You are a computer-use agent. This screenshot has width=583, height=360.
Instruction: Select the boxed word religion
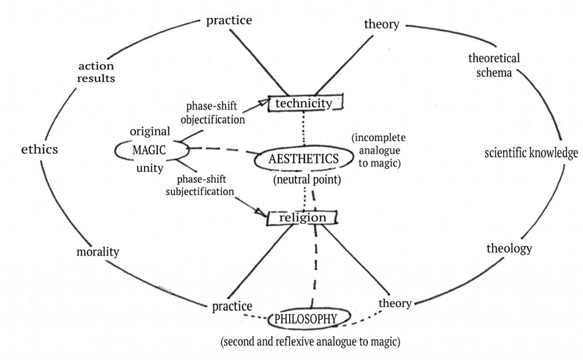302,218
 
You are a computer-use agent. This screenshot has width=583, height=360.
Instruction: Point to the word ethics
40,149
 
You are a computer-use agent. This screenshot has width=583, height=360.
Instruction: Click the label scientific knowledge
531,153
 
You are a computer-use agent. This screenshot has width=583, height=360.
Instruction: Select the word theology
509,248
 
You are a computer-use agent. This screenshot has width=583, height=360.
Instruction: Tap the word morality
98,252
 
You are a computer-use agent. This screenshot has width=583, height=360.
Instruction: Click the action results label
96,72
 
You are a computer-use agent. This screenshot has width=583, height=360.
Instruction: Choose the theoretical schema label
494,65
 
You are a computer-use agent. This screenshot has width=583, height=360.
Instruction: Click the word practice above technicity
229,20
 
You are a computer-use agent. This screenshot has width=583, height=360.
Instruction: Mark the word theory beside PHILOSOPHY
395,303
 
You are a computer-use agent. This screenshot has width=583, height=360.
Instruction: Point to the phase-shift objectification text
212,113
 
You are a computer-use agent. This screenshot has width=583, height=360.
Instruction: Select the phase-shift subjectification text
200,185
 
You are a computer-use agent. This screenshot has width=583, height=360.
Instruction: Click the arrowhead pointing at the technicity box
264,101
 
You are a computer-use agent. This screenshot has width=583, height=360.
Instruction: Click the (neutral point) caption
307,180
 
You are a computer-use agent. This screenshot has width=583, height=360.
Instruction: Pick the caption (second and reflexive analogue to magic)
311,341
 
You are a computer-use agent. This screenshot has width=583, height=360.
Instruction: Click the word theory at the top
381,24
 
